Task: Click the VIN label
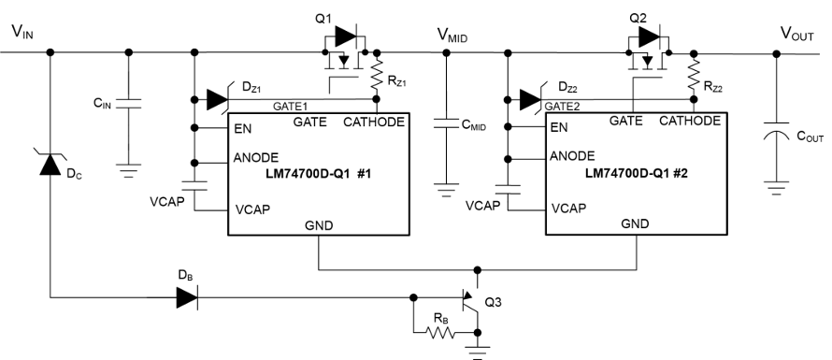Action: (22, 33)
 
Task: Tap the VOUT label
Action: (797, 34)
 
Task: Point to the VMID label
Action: (452, 36)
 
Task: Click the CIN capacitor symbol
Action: (128, 103)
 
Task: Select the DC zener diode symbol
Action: (50, 163)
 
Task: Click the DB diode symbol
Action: (187, 297)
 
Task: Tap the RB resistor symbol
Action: (440, 333)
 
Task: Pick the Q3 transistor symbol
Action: (471, 303)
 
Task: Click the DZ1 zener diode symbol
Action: (218, 99)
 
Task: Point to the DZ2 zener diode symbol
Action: (531, 99)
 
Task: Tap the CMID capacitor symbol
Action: (446, 123)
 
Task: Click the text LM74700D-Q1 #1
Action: (319, 173)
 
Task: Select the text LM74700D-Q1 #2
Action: (637, 173)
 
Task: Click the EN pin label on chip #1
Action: (242, 129)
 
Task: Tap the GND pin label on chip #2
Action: (635, 223)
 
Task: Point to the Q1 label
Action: (323, 19)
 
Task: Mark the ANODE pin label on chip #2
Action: (572, 156)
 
